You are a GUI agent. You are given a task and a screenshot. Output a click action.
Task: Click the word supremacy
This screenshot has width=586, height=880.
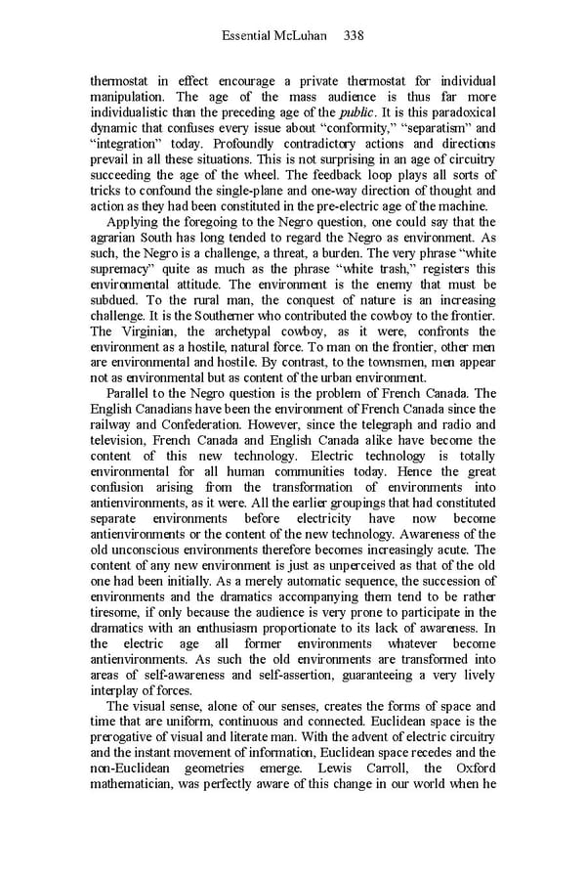pyautogui.click(x=124, y=269)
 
